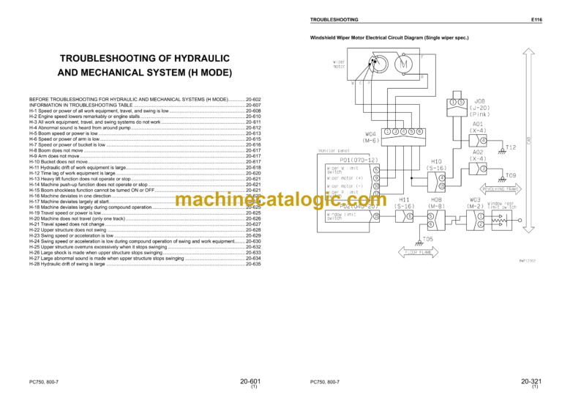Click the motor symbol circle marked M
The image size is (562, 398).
click(404, 65)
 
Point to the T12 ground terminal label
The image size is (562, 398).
click(511, 147)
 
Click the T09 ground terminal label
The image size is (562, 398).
click(511, 176)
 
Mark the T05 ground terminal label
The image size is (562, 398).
click(427, 239)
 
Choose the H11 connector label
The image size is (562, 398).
click(404, 199)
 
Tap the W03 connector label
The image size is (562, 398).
click(476, 199)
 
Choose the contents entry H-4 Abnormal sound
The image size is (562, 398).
click(80, 128)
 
